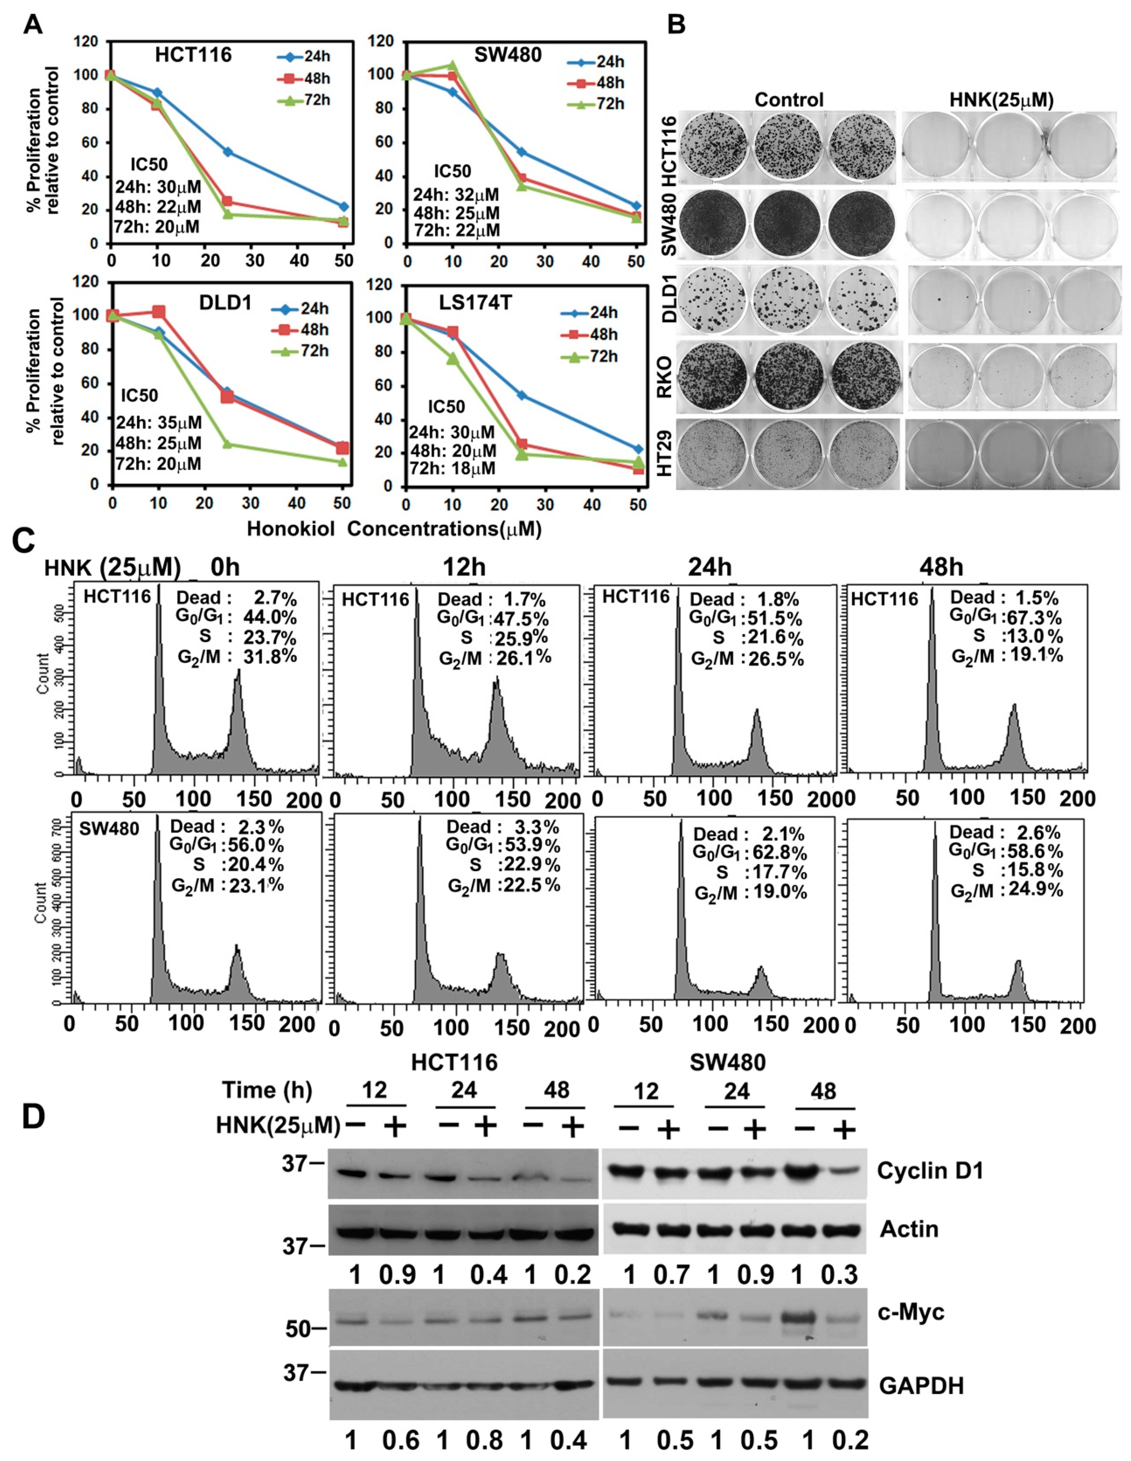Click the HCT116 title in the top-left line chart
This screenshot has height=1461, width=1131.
pos(194,55)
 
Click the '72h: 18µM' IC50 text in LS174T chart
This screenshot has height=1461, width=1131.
pos(453,468)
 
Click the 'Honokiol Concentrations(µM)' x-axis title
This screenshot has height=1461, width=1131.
pos(394,529)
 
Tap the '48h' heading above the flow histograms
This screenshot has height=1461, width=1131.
pos(940,567)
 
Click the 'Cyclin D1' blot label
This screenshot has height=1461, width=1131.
pos(930,1170)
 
